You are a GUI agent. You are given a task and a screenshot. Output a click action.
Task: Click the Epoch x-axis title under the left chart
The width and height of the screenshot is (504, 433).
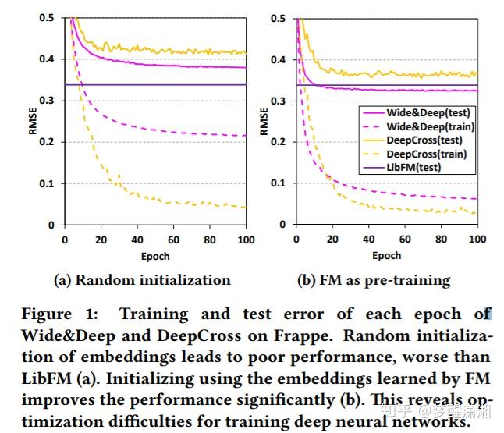tap(155, 255)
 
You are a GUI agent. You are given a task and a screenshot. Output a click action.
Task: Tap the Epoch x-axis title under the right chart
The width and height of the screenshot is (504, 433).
tap(387, 255)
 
